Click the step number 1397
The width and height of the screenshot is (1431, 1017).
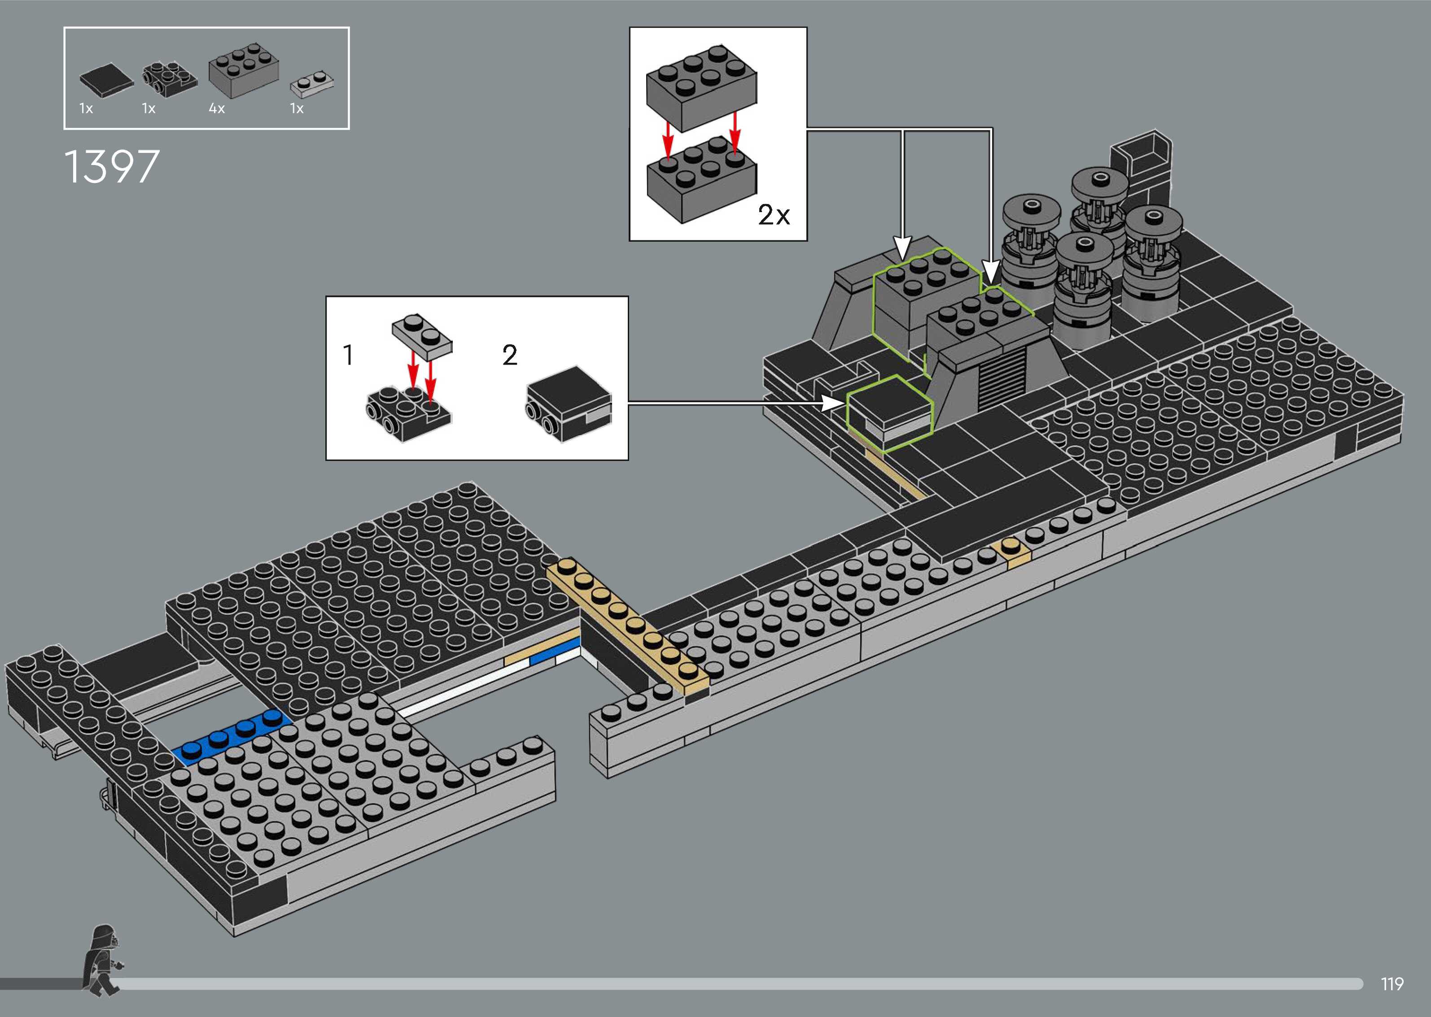[x=112, y=166]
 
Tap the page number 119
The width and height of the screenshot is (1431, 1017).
[x=1392, y=984]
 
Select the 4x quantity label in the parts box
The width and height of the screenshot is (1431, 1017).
[x=217, y=109]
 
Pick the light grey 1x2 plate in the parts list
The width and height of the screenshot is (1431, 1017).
[x=311, y=84]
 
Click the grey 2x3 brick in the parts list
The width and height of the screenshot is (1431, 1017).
[x=244, y=69]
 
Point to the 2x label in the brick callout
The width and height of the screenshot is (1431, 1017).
[x=773, y=215]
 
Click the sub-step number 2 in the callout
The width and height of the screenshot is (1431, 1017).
[x=509, y=356]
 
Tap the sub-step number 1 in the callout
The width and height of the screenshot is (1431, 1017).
[x=348, y=356]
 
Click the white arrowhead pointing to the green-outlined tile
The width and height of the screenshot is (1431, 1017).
[x=833, y=403]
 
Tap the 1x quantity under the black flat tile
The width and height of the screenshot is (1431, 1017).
[x=86, y=109]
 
